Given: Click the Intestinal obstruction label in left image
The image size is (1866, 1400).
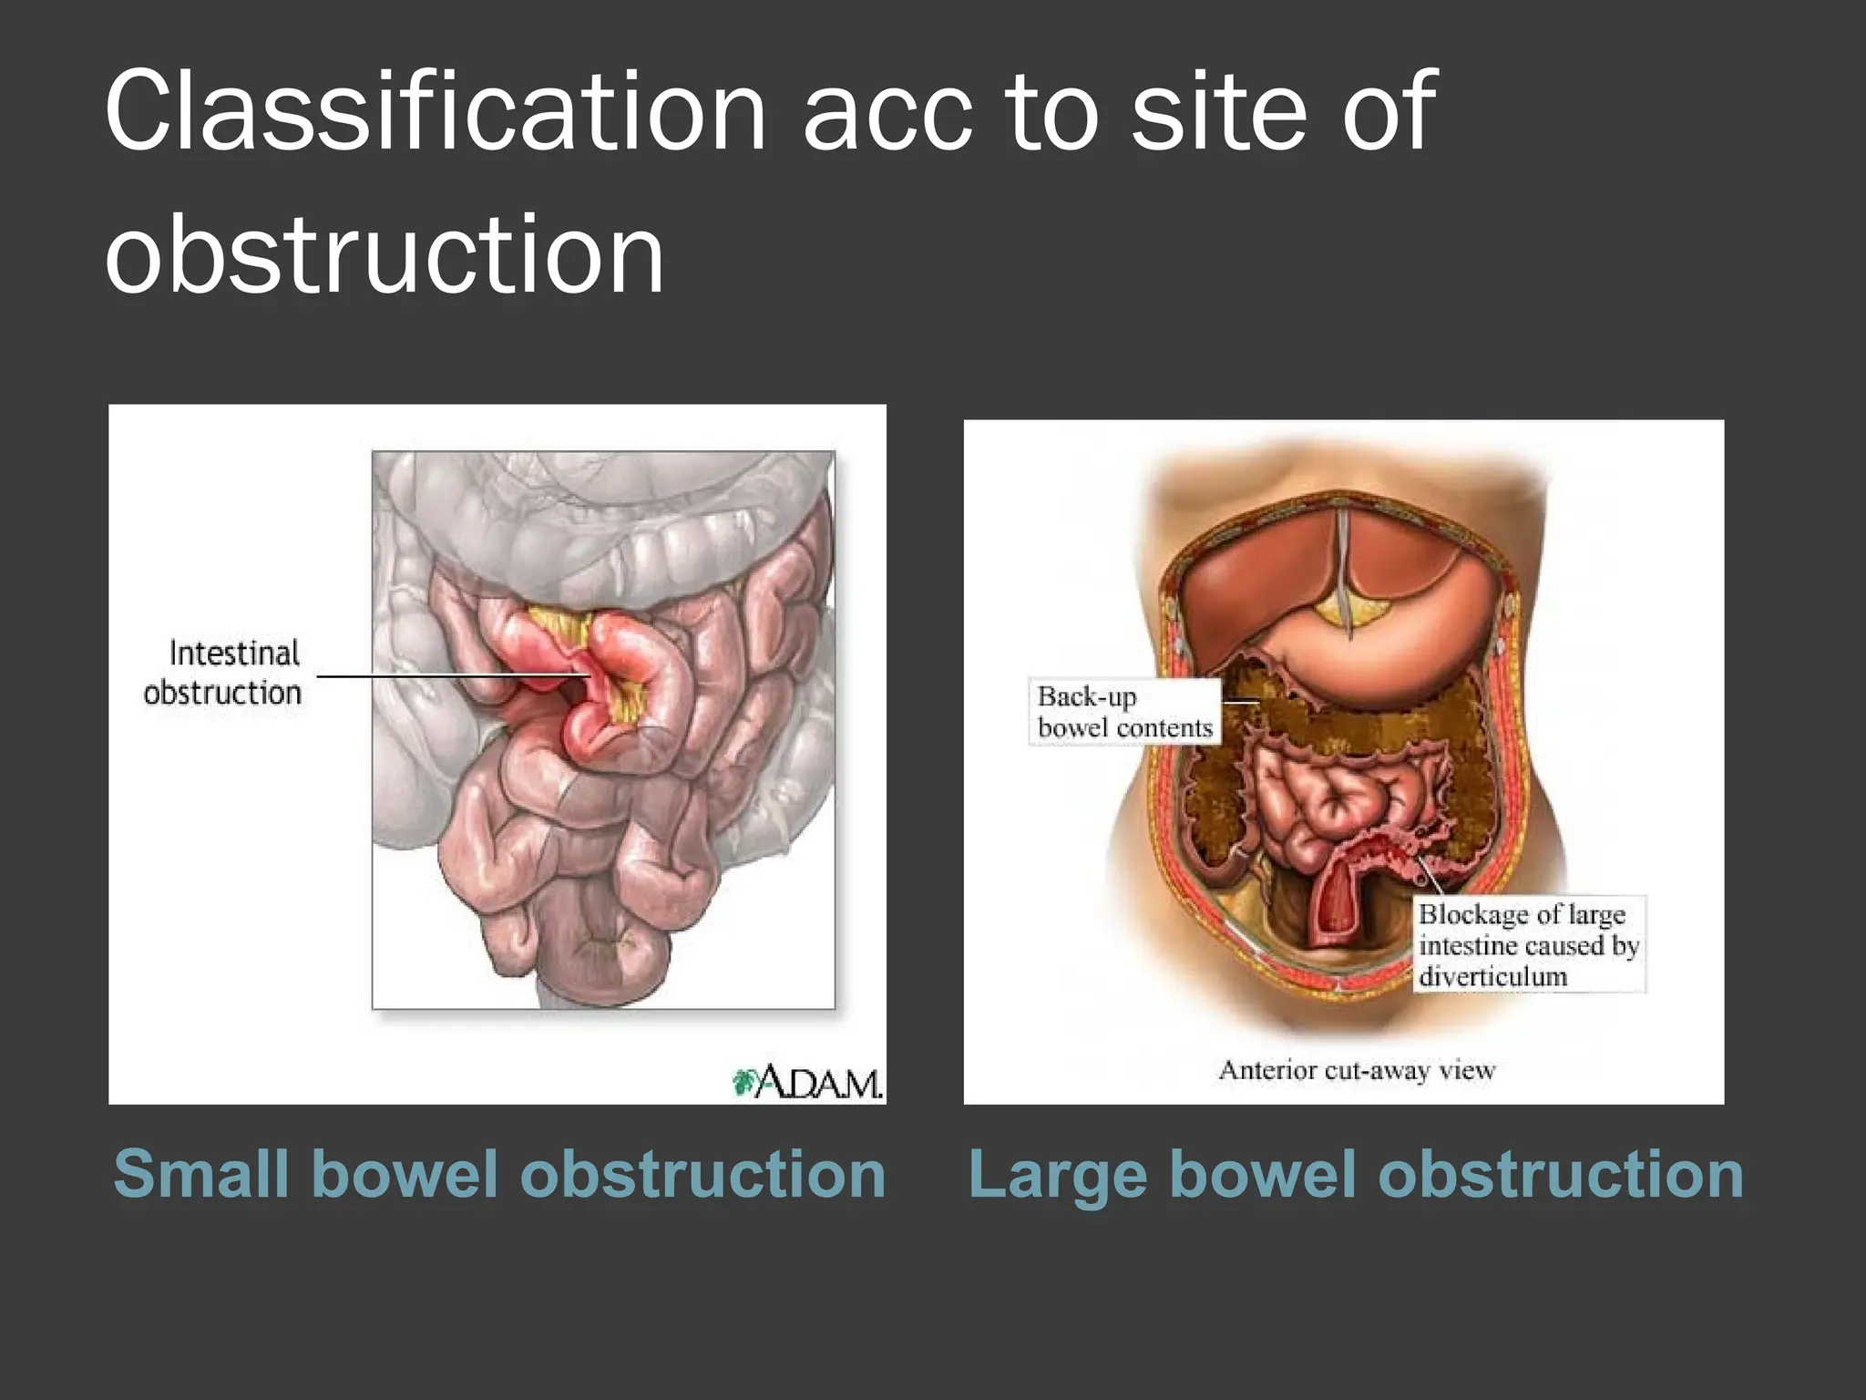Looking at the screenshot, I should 223,674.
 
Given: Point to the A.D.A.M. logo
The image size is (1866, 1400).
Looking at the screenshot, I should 808,1082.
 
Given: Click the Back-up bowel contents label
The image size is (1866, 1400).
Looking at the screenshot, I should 1124,712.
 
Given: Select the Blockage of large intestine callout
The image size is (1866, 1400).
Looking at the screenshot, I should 1529,944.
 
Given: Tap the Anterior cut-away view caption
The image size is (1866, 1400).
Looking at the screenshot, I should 1357,1069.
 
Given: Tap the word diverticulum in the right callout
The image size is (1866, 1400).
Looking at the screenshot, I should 1492,976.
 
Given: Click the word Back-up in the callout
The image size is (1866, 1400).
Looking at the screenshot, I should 1087,697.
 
